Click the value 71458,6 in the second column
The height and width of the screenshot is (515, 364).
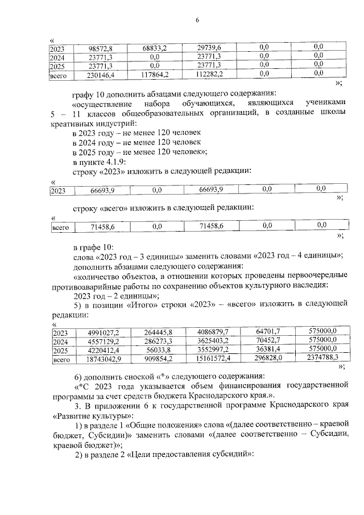103,226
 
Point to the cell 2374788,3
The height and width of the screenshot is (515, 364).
320,359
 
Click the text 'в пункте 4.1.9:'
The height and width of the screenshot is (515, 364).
100,160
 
